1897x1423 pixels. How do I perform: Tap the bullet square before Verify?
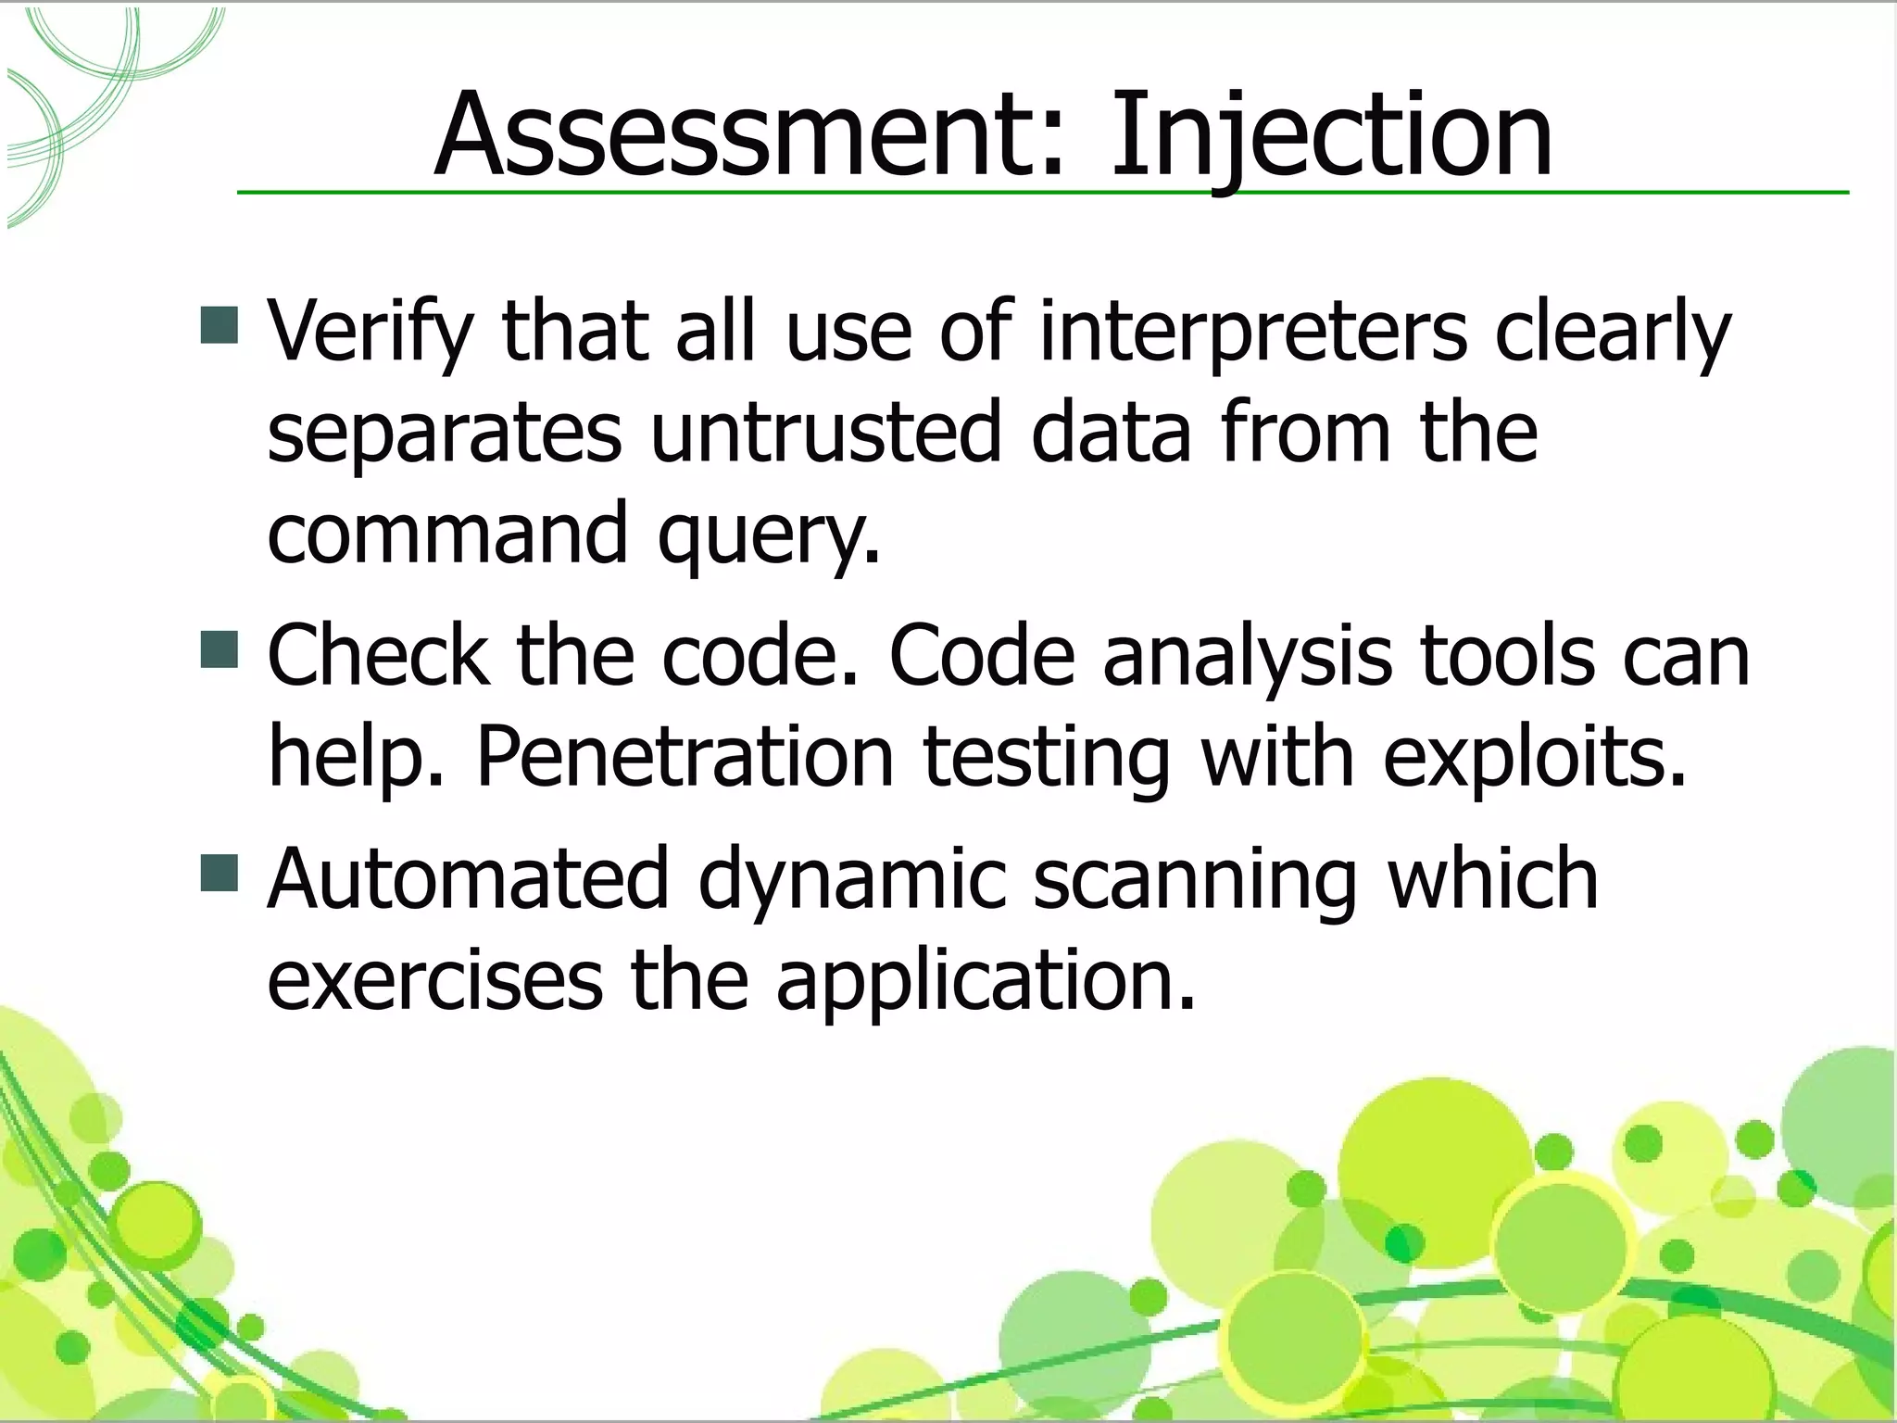click(220, 325)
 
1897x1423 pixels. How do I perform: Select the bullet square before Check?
click(220, 649)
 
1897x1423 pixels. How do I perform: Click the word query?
click(768, 535)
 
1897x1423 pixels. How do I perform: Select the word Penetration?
click(685, 757)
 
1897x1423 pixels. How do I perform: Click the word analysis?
click(1247, 656)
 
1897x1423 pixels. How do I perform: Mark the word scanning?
click(1194, 879)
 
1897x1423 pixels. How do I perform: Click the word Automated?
click(468, 879)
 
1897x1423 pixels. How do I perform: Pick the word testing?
click(1047, 757)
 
